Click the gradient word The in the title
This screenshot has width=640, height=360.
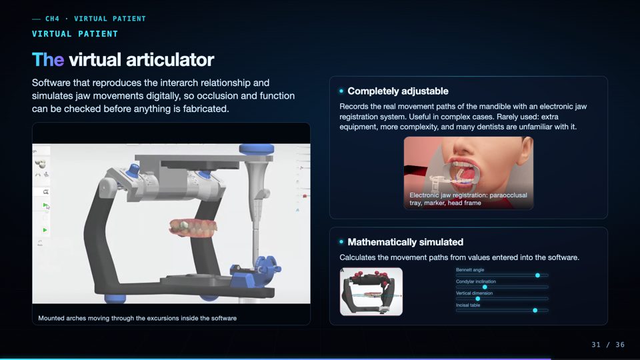pos(48,59)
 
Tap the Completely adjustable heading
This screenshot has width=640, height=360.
pos(398,91)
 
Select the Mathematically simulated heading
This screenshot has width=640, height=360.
pos(405,242)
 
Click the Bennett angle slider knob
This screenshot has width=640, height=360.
pos(537,275)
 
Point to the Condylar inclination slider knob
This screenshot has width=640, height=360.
pos(485,287)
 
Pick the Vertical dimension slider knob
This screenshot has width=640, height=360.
pos(477,299)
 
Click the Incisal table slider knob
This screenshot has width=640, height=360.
pos(535,311)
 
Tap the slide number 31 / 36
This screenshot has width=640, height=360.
pos(608,345)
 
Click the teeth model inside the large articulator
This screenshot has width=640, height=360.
pos(193,228)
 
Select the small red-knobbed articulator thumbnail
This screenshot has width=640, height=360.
pos(371,291)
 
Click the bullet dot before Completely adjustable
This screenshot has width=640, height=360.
pos(341,91)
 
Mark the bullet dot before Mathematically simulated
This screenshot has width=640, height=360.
pos(341,242)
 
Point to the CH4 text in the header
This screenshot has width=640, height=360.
pos(52,19)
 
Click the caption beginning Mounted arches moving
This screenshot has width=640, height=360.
pos(137,318)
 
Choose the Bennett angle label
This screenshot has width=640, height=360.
pos(470,270)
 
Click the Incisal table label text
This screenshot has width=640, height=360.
pos(468,305)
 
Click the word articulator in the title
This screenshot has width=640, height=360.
pos(170,59)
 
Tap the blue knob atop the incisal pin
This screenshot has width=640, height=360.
pos(256,149)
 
